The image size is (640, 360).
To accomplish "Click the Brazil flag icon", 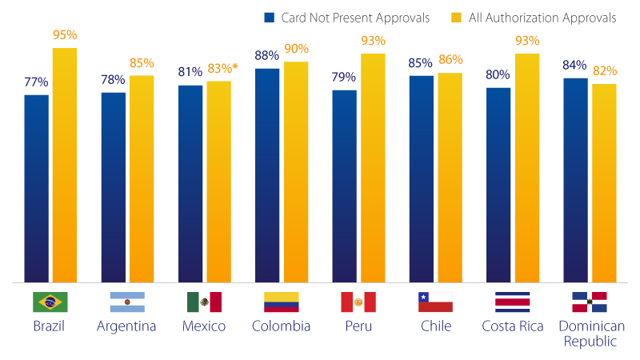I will (x=50, y=302).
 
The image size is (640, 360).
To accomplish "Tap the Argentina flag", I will (x=126, y=302).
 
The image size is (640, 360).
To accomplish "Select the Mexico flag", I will (x=204, y=302).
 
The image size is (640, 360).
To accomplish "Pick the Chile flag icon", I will (x=435, y=302).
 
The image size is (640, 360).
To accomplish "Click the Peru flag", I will (x=358, y=302).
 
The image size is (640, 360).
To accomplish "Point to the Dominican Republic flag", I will (x=589, y=302).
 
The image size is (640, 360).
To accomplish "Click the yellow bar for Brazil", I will (x=64, y=165).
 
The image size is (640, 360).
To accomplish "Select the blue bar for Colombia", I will (x=267, y=174).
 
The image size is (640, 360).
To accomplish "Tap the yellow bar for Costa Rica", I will (x=526, y=168).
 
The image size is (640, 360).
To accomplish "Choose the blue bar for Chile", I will (x=422, y=178).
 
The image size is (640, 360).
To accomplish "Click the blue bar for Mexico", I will (x=190, y=183).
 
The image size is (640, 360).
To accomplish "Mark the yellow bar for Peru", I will (x=373, y=168).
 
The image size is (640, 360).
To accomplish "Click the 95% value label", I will (x=64, y=35).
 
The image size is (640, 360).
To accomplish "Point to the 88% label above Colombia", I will (x=267, y=56).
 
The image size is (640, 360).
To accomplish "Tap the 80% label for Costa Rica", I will (x=498, y=75).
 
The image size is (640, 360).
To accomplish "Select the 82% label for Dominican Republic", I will (x=604, y=71).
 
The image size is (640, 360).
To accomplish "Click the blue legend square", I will (x=270, y=18).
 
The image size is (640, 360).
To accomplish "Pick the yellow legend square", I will (x=458, y=18).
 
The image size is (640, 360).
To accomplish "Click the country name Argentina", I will (x=126, y=326).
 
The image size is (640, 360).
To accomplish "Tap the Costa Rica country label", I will (x=513, y=326).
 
